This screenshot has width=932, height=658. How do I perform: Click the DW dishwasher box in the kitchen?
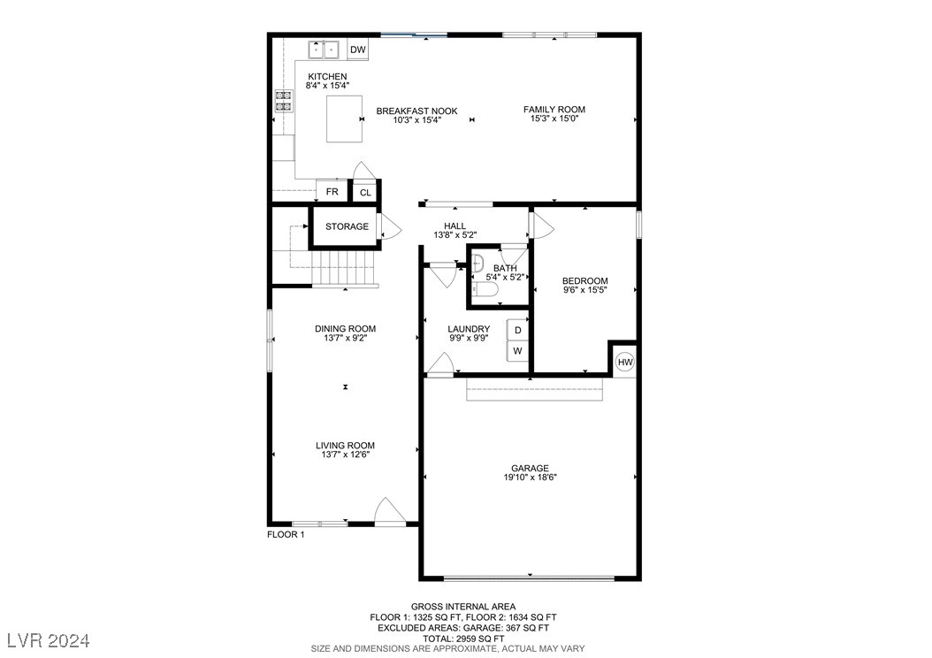357,50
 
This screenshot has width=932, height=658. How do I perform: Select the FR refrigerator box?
332,192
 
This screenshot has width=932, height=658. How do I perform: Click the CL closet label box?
364,192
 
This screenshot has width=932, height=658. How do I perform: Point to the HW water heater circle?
624,362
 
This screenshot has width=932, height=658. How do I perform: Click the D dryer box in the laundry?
518,331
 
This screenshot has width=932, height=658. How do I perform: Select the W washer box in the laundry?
518,351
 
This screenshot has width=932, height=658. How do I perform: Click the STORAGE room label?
347,227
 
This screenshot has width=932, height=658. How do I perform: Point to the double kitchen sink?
324,50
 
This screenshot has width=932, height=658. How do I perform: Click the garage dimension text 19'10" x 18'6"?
530,478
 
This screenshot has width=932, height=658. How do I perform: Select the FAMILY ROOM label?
554,110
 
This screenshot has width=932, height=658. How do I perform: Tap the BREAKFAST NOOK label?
416,111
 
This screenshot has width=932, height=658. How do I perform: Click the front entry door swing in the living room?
389,512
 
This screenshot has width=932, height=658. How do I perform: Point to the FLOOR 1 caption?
286,535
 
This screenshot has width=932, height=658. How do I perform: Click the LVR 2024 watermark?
48,639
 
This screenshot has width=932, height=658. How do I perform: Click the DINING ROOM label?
345,329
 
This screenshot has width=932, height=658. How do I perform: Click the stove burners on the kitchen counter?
284,101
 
